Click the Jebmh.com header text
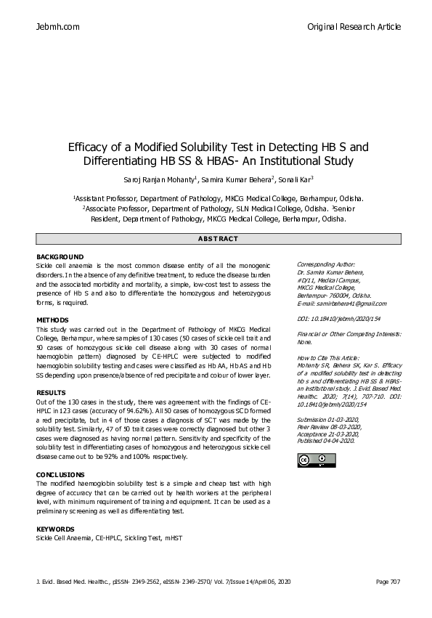tap(57, 27)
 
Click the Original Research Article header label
tap(354, 27)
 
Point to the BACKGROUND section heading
tap(60, 258)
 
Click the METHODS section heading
tap(52, 320)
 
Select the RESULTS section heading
tap(51, 392)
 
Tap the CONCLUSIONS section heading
tap(60, 474)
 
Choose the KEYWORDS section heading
tap(55, 529)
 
